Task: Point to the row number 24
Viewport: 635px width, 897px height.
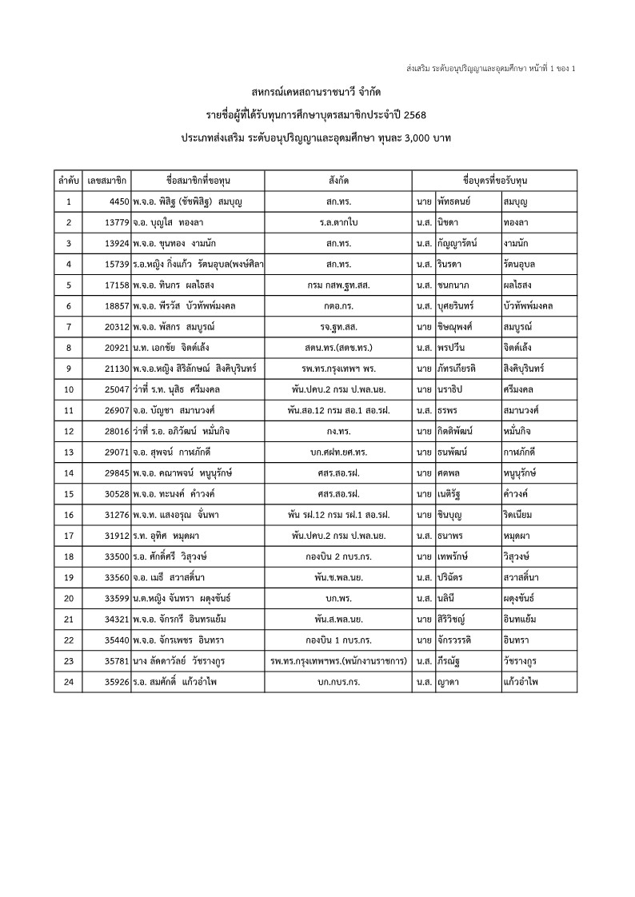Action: click(69, 681)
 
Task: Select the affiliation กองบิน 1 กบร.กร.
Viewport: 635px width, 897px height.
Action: click(336, 640)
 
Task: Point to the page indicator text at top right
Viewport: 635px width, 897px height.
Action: click(490, 67)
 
